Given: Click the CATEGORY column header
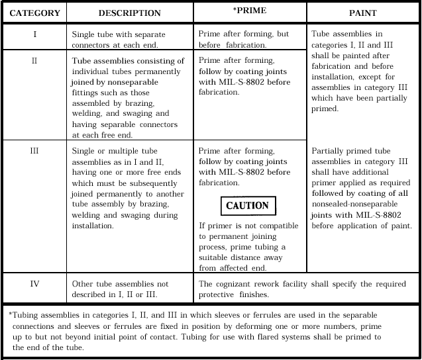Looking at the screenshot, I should [35, 13].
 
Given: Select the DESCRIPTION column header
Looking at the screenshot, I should [129, 13].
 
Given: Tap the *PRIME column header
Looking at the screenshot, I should [250, 11].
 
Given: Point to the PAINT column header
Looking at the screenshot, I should [363, 13].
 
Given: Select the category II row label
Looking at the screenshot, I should [35, 60].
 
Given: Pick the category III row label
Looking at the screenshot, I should [35, 150].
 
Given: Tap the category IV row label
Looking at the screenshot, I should [35, 284].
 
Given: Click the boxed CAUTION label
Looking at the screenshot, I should [247, 205].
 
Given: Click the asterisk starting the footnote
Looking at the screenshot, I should [11, 313].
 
